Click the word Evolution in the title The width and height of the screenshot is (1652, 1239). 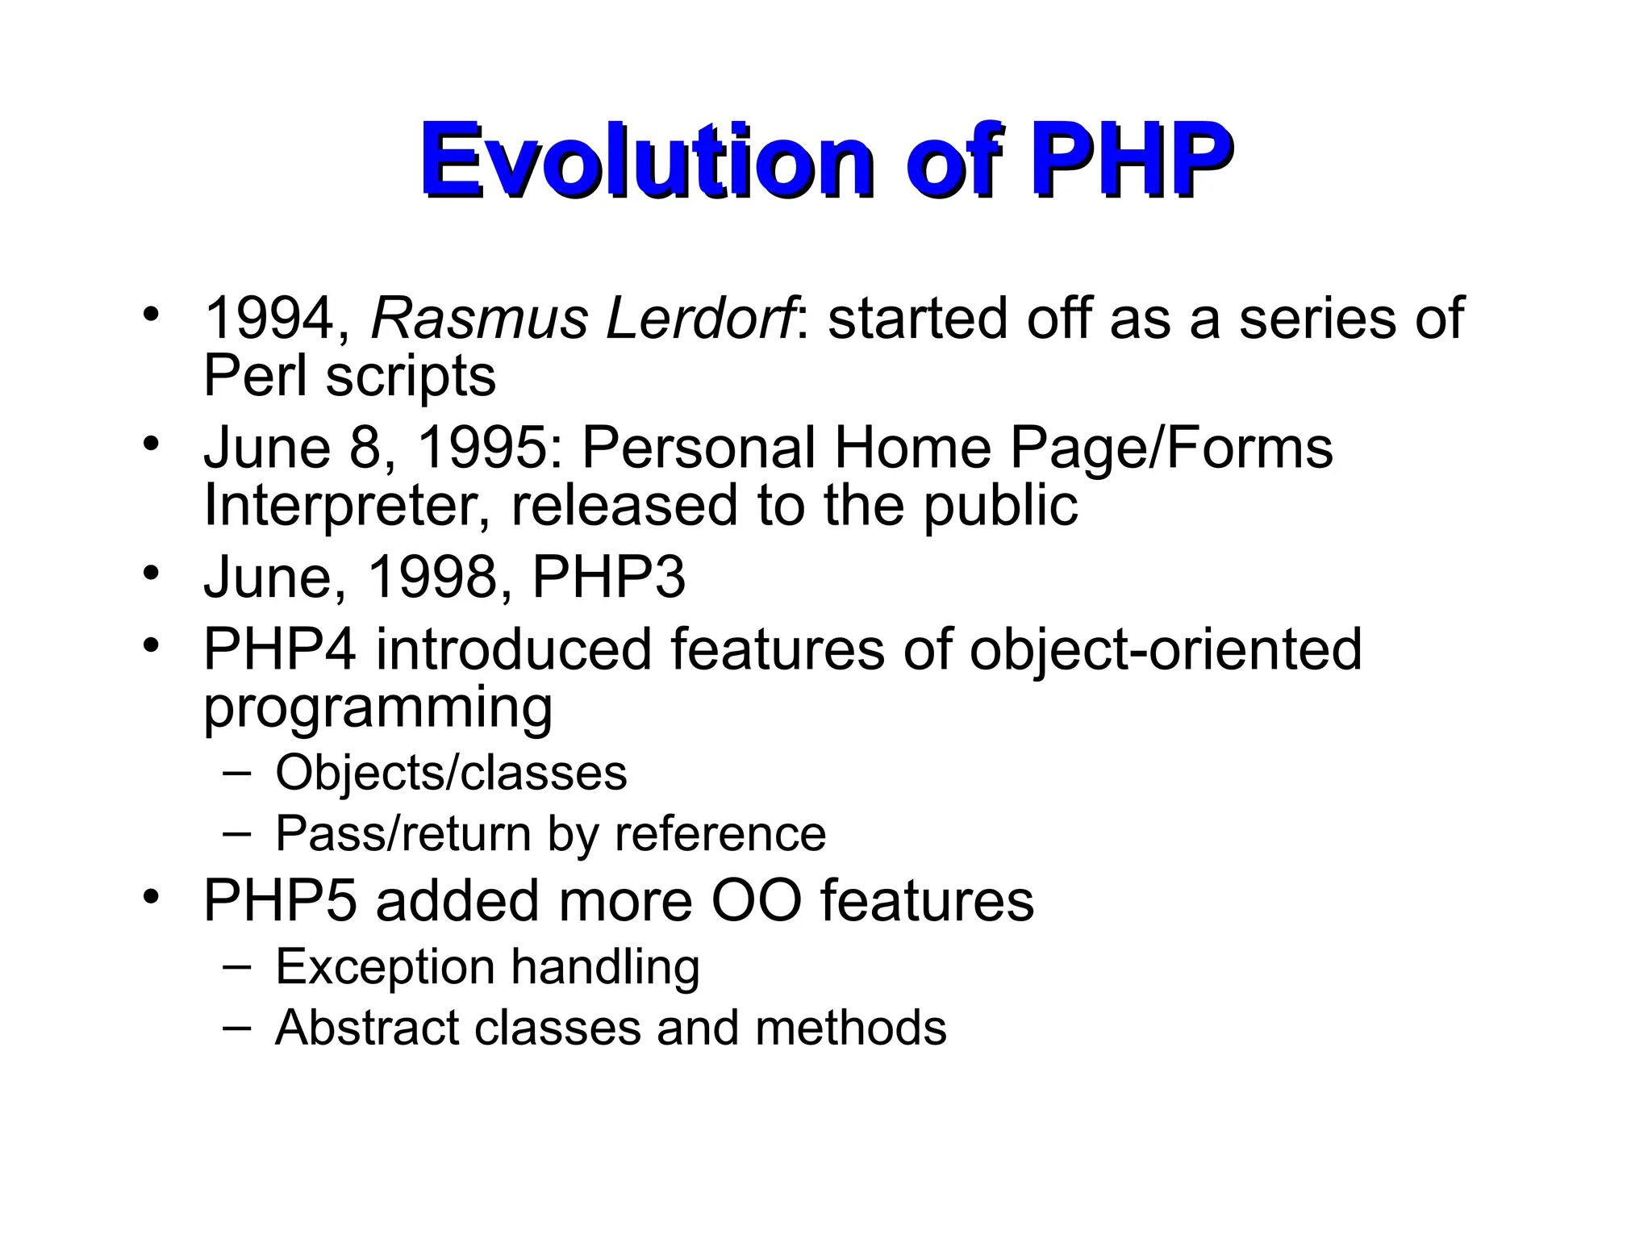coord(645,161)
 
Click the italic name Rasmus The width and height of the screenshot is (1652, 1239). coord(479,319)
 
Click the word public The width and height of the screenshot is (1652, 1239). coord(999,506)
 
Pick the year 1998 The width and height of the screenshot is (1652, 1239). coord(432,578)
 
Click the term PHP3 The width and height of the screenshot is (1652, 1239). coord(608,578)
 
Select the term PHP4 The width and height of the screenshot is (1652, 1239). coord(279,649)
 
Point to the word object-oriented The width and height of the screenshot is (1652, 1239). coord(1165,649)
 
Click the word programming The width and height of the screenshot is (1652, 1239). coord(378,707)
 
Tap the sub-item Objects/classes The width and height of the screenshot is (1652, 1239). coord(451,773)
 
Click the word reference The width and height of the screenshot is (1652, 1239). coord(720,833)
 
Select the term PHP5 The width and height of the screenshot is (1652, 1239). coord(279,901)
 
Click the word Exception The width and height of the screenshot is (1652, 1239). coord(385,967)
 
